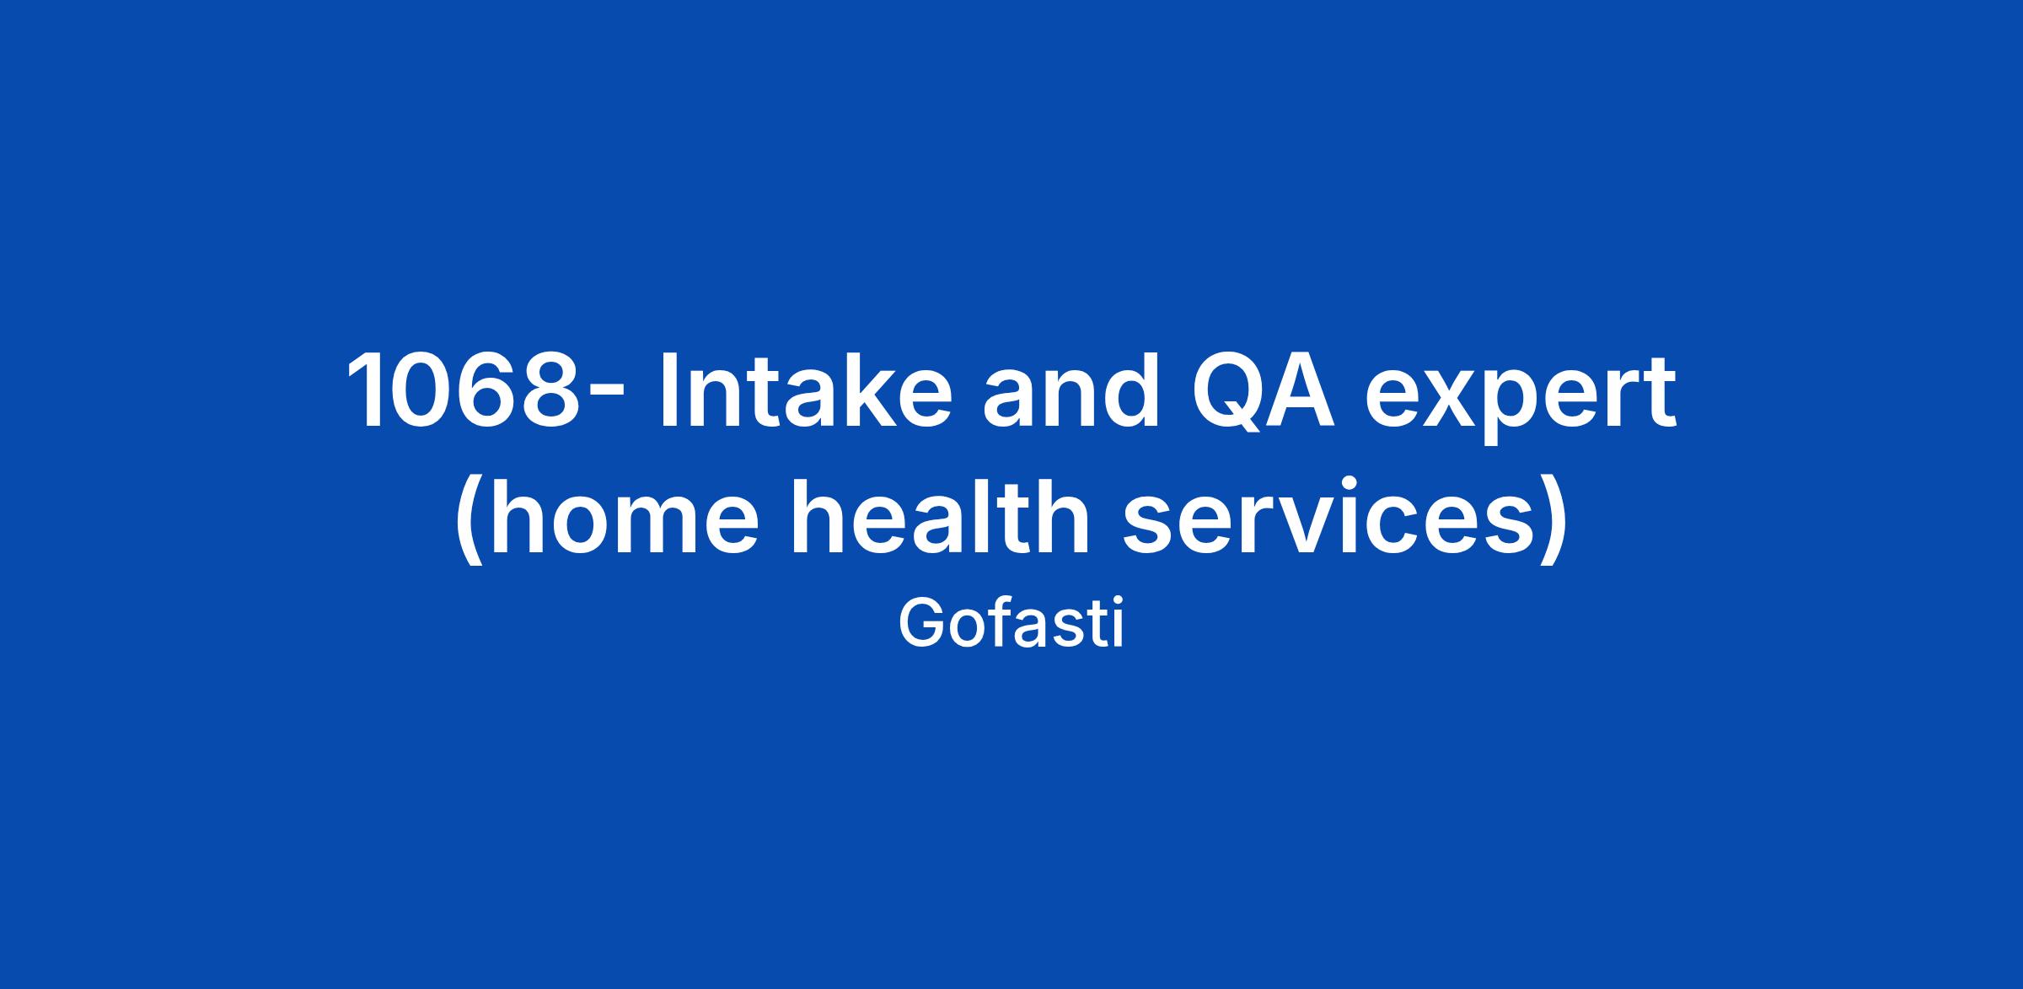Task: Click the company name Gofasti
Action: (x=1011, y=625)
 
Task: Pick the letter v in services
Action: (x=1313, y=524)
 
